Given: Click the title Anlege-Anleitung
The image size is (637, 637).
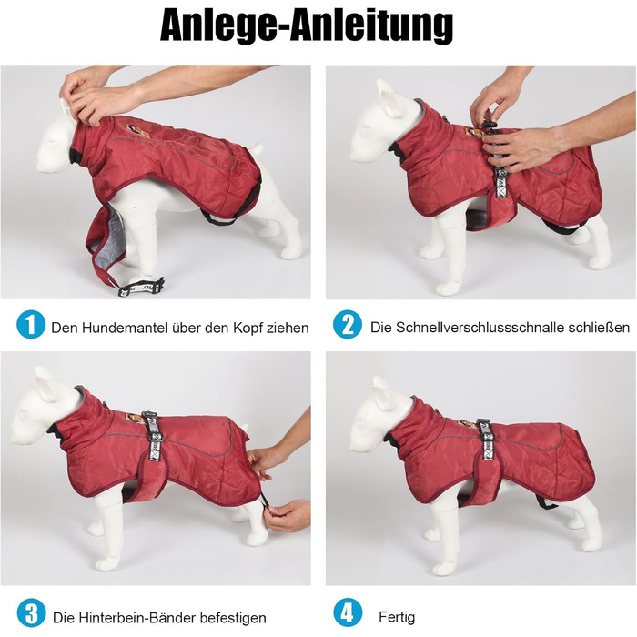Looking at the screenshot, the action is pyautogui.click(x=307, y=26).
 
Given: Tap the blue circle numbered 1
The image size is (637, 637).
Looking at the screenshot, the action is pyautogui.click(x=31, y=324).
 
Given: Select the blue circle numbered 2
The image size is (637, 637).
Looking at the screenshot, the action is pyautogui.click(x=348, y=324).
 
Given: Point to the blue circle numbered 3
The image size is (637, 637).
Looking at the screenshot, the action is pyautogui.click(x=31, y=613).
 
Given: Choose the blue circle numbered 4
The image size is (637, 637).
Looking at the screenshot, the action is pyautogui.click(x=348, y=613).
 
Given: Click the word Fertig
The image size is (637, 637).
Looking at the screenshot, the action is pyautogui.click(x=397, y=618).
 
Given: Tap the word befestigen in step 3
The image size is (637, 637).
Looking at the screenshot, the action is pyautogui.click(x=233, y=618).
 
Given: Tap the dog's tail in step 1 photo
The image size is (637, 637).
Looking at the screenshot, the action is pyautogui.click(x=257, y=149).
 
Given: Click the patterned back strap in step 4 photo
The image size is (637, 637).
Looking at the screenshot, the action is pyautogui.click(x=486, y=440).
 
